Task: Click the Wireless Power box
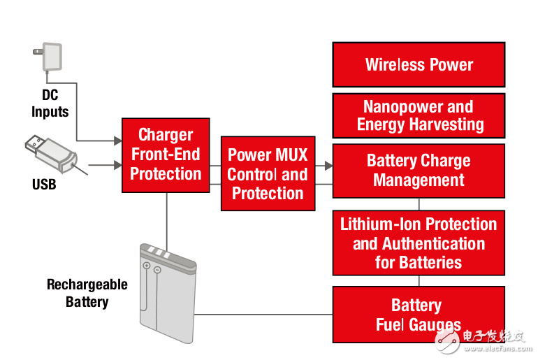pyautogui.click(x=419, y=64)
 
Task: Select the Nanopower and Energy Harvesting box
pyautogui.click(x=419, y=115)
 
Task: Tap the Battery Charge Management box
pyautogui.click(x=419, y=171)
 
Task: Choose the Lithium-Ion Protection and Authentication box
pyautogui.click(x=419, y=243)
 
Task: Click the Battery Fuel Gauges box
pyautogui.click(x=419, y=315)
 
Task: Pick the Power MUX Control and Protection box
pyautogui.click(x=268, y=173)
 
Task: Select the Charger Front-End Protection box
pyautogui.click(x=166, y=155)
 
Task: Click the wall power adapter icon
pyautogui.click(x=48, y=57)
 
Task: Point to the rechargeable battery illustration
pyautogui.click(x=168, y=294)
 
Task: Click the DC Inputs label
pyautogui.click(x=50, y=103)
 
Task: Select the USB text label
pyautogui.click(x=44, y=185)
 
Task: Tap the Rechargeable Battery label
pyautogui.click(x=87, y=293)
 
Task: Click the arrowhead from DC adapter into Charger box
pyautogui.click(x=118, y=141)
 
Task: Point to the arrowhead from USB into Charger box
pyautogui.click(x=118, y=165)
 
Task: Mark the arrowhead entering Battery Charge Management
pyautogui.click(x=328, y=166)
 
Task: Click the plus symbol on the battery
pyautogui.click(x=147, y=265)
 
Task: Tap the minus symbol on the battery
pyautogui.click(x=157, y=270)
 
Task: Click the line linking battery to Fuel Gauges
pyautogui.click(x=263, y=315)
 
